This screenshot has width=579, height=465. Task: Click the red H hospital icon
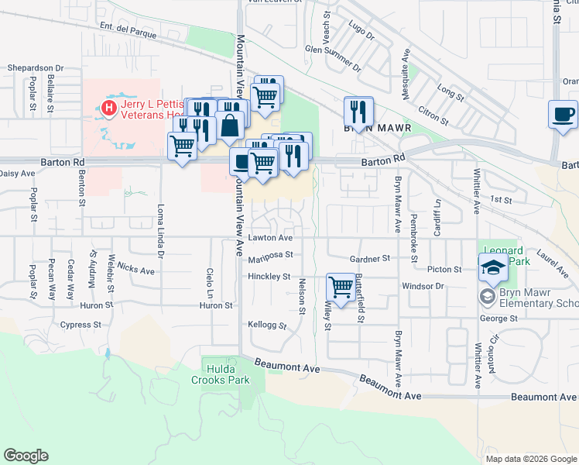point(109,108)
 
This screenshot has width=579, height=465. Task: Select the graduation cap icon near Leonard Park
point(493,268)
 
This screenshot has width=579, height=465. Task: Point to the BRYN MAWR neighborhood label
point(370,130)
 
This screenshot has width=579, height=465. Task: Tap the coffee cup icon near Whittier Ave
point(563,115)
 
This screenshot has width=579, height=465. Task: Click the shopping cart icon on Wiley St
point(341,287)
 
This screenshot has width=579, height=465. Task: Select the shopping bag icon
point(231,124)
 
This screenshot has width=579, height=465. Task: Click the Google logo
point(26,456)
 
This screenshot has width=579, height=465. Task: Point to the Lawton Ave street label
point(270,238)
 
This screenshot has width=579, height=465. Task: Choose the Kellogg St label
point(267,325)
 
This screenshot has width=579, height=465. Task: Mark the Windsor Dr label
point(421,286)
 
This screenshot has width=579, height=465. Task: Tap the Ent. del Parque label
point(128,28)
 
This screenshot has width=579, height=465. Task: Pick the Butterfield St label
point(361,301)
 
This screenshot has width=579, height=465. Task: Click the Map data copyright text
point(530,459)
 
